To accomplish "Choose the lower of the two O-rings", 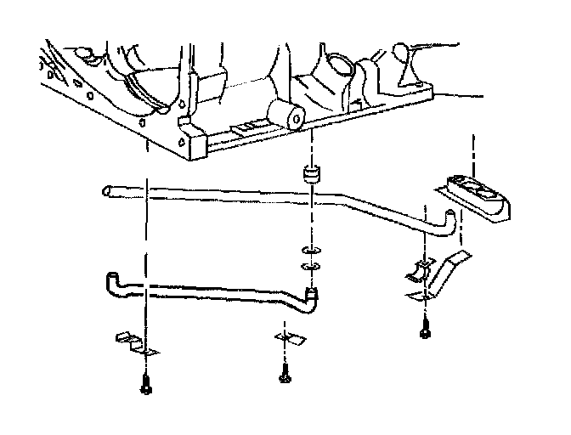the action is pyautogui.click(x=311, y=268).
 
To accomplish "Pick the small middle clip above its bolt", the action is pyautogui.click(x=286, y=338).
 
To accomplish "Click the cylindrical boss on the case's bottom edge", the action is pyautogui.click(x=285, y=116).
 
